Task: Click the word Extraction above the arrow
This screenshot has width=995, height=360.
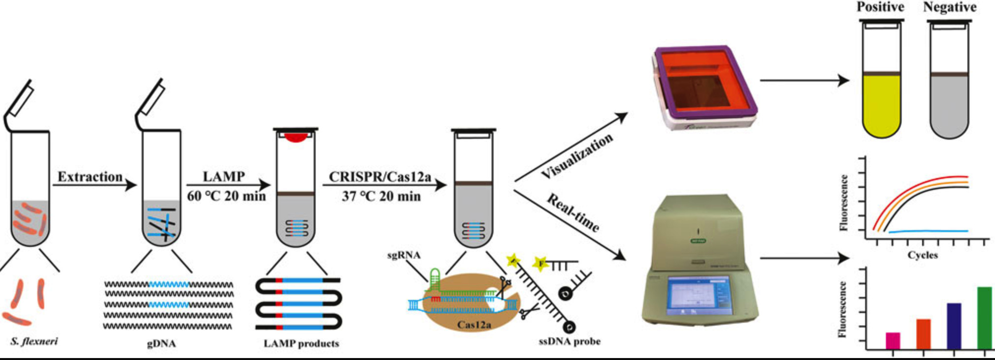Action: (90, 177)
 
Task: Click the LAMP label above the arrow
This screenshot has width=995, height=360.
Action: (224, 177)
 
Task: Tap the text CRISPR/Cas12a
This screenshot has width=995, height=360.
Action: (380, 177)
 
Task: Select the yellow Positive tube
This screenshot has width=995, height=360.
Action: (881, 103)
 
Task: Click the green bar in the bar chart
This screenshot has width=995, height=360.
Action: (984, 317)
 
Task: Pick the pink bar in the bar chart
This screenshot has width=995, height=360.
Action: (893, 340)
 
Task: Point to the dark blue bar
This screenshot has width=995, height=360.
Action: (954, 326)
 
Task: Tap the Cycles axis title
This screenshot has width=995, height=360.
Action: (923, 255)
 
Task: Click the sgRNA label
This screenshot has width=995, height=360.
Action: (404, 255)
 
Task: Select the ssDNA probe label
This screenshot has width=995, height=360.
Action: (569, 341)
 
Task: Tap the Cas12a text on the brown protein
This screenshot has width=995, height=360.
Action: (474, 325)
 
